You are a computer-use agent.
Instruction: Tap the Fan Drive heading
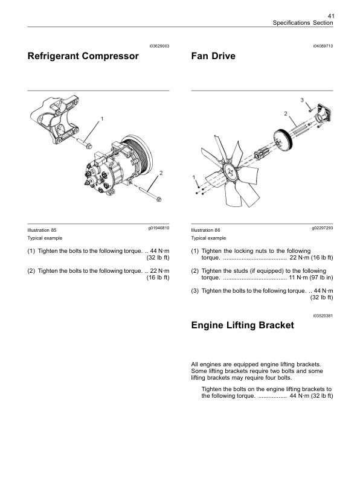coord(213,57)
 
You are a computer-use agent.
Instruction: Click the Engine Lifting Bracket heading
coord(242,325)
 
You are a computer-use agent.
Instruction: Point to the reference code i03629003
coord(159,46)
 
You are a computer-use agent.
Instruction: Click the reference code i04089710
coord(323,46)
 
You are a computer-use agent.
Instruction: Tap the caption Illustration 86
coord(205,230)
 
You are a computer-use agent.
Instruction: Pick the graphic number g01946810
coord(159,228)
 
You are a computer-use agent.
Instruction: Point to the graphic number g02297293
coord(323,228)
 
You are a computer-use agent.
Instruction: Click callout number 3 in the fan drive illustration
coord(302,98)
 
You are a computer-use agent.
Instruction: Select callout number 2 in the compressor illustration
coord(161,174)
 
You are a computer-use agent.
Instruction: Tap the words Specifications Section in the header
coord(303,23)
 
